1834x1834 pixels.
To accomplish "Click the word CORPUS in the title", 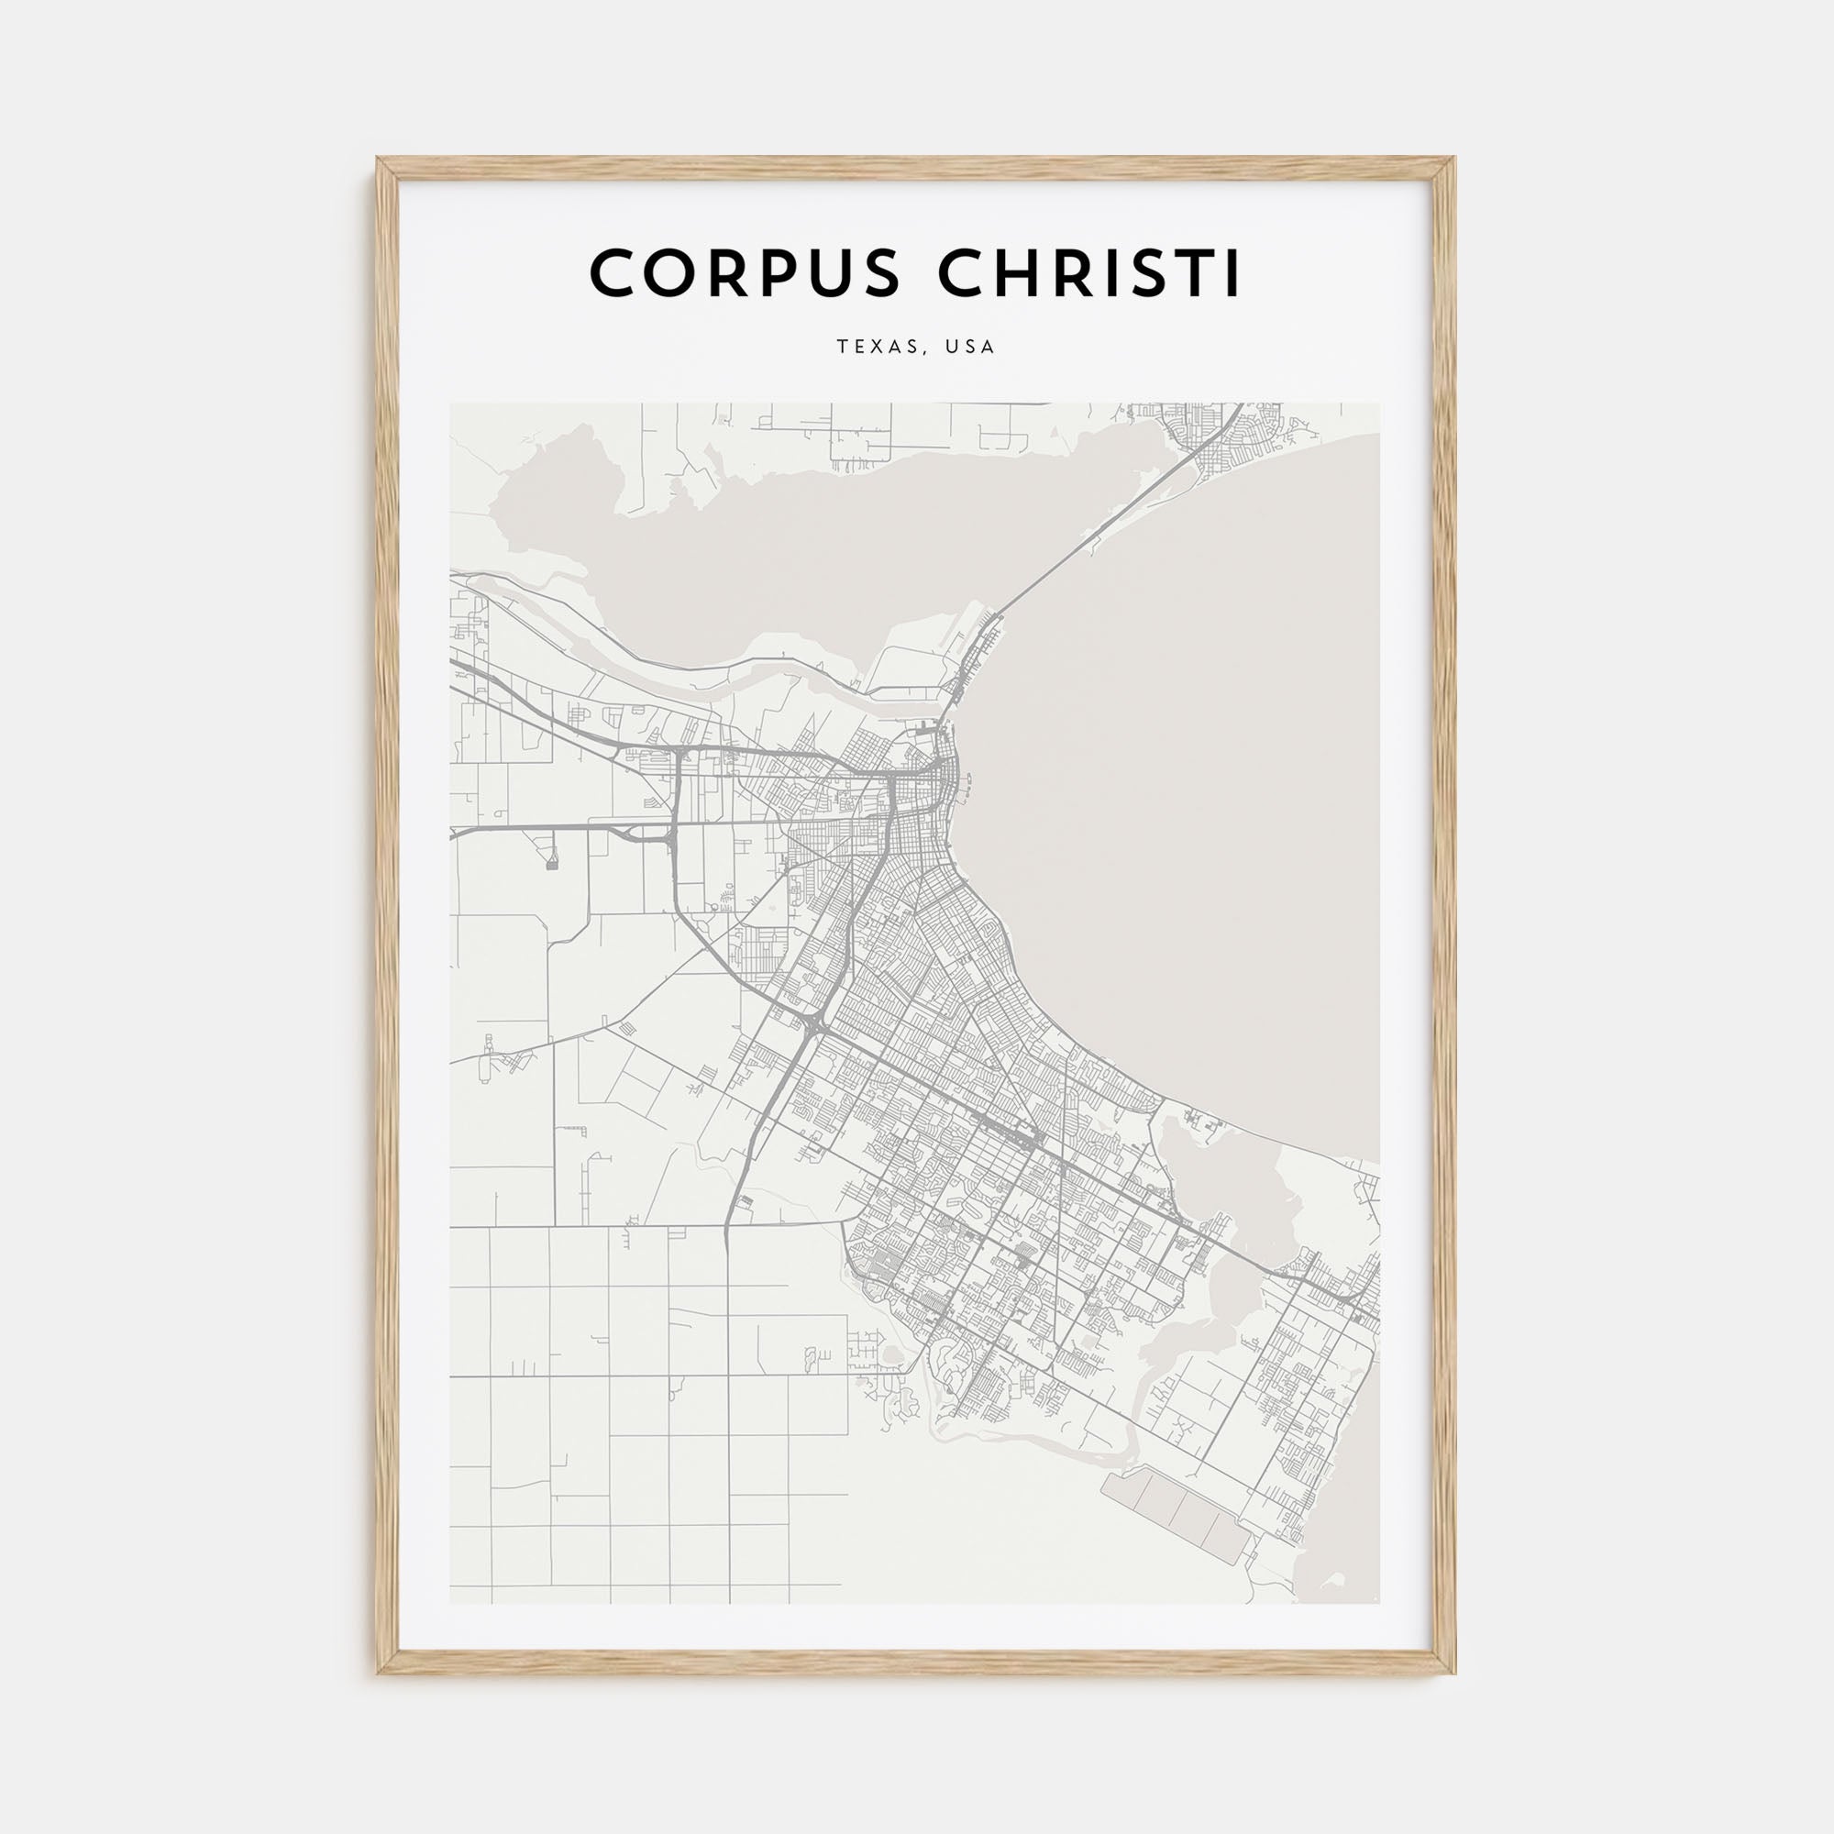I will pyautogui.click(x=744, y=273).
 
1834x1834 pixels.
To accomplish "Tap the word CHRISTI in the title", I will pyautogui.click(x=1088, y=273).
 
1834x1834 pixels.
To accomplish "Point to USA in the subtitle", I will pyautogui.click(x=969, y=348).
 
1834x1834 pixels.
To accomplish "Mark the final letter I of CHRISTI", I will pyautogui.click(x=1232, y=273).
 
